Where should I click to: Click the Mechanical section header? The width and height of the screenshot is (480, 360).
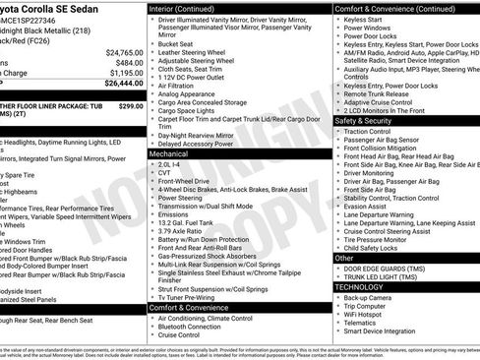tap(169, 154)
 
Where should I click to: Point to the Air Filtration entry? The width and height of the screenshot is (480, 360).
tap(177, 86)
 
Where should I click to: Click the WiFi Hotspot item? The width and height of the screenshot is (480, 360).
tap(367, 314)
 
